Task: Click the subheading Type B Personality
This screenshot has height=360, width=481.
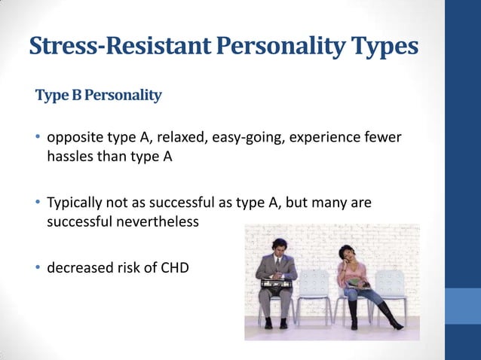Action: point(98,96)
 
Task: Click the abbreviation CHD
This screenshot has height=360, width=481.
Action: point(173,266)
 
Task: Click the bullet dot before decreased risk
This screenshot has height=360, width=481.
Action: point(38,266)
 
